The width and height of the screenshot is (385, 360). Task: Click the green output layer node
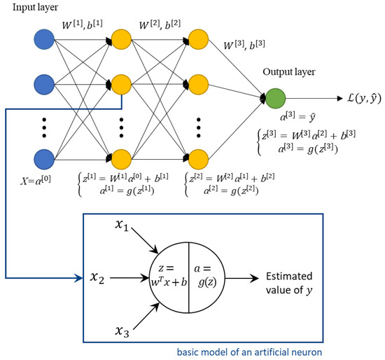coord(274,100)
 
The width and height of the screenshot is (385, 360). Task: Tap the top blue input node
coord(43,38)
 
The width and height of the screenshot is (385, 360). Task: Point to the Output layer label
coord(285,72)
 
